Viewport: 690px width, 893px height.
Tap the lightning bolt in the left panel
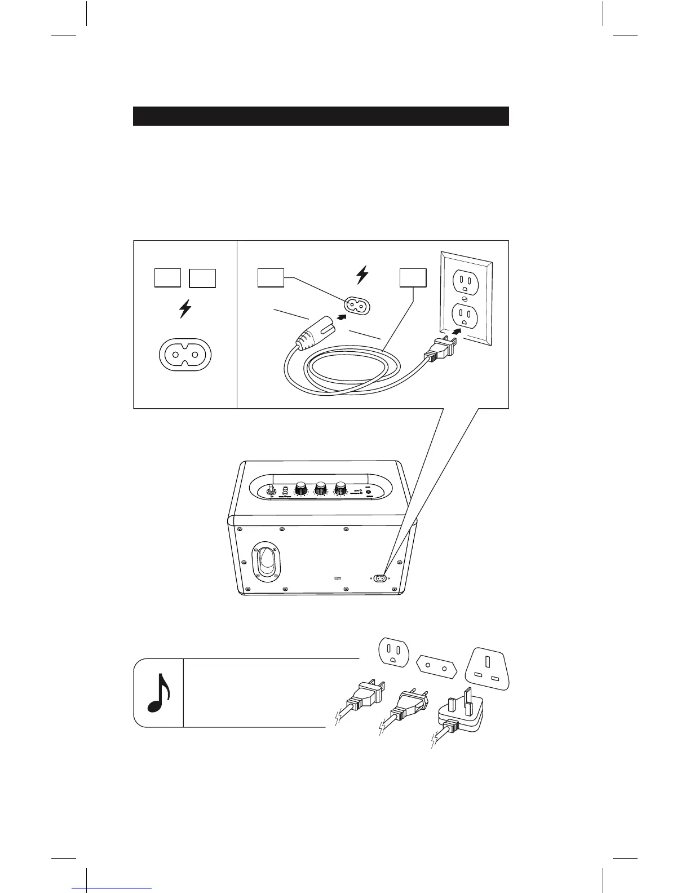(185, 310)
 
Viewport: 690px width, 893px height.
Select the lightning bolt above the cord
(362, 275)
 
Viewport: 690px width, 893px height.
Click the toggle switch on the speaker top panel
(271, 491)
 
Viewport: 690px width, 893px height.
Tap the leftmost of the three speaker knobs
(301, 488)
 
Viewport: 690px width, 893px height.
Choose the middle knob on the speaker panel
(321, 488)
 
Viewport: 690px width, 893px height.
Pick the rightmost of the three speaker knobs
(341, 488)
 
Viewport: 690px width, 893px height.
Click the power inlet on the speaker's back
(379, 578)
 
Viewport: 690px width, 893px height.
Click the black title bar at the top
(321, 116)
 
